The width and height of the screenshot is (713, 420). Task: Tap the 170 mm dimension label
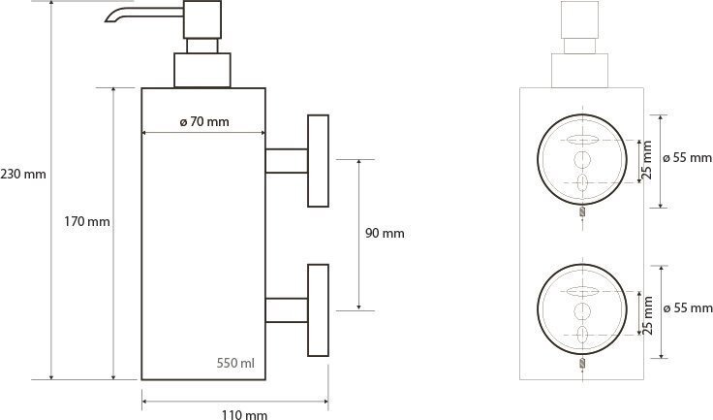pos(85,221)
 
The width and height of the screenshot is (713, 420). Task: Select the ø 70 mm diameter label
pos(204,121)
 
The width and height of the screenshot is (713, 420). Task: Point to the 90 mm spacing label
pos(384,233)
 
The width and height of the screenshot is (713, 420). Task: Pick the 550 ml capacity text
pos(235,363)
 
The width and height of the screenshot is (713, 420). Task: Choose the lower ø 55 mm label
pos(688,308)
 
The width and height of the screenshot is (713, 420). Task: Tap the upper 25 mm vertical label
pos(648,158)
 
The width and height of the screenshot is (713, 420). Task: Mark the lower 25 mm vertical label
pos(648,311)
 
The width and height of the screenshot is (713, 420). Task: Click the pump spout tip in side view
pos(108,18)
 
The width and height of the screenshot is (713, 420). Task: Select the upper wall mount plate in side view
pos(318,160)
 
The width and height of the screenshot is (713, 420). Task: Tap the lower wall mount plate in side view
pos(318,310)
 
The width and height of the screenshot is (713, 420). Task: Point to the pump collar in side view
pos(202,70)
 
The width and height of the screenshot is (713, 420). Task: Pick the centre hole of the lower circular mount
pos(582,310)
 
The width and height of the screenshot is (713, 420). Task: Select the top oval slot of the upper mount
pos(582,138)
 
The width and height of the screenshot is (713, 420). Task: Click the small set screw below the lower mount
pos(582,365)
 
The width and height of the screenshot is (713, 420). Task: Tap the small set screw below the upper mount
pos(582,213)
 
